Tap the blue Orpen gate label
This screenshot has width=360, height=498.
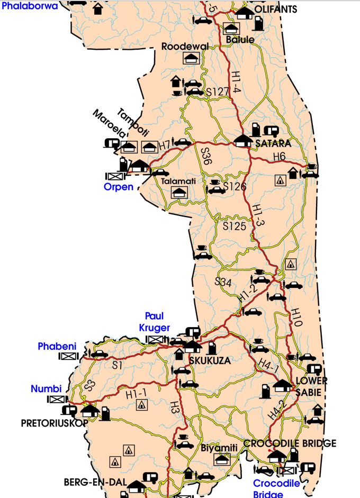click(118, 186)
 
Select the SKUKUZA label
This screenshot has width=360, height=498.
click(210, 360)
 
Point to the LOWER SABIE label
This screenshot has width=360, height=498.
click(311, 385)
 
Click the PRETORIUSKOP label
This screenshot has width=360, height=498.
click(47, 423)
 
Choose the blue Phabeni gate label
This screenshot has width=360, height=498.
click(57, 346)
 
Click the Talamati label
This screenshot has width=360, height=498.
click(178, 181)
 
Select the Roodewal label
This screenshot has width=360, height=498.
click(185, 47)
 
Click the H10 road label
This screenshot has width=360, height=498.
click(296, 317)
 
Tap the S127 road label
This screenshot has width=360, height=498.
click(218, 92)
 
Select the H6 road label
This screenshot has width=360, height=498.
click(279, 156)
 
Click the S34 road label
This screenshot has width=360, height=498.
click(223, 282)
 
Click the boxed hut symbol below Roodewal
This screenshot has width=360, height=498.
click(190, 58)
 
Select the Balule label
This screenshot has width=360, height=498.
click(240, 40)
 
